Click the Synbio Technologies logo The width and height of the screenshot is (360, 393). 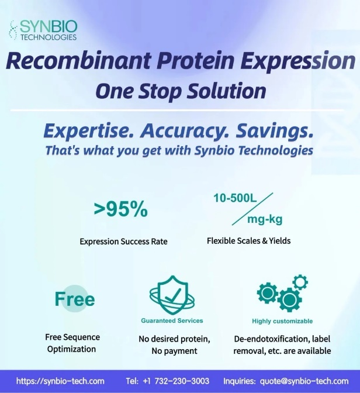[x=43, y=30]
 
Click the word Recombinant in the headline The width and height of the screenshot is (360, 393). [x=78, y=60]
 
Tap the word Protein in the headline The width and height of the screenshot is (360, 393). [x=196, y=60]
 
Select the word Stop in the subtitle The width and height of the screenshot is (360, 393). [x=160, y=91]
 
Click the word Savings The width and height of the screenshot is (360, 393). [x=275, y=132]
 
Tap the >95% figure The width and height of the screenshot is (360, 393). [x=121, y=209]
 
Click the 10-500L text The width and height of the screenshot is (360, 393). [x=235, y=198]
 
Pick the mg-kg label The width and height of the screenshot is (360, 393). [x=265, y=219]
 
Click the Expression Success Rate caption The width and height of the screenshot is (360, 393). [x=123, y=242]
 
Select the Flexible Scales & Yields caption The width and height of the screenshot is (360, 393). [x=249, y=241]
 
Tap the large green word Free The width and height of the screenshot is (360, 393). [x=75, y=299]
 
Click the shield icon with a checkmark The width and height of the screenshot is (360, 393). [x=172, y=295]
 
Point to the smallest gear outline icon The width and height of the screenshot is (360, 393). [x=300, y=282]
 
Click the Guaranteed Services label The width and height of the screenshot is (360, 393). [x=172, y=320]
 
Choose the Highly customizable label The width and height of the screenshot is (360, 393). [x=282, y=321]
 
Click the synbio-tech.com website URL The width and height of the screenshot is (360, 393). [x=60, y=381]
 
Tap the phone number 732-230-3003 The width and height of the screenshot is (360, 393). [x=182, y=381]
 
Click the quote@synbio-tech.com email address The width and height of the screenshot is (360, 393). [x=304, y=381]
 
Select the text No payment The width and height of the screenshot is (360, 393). [x=174, y=351]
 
